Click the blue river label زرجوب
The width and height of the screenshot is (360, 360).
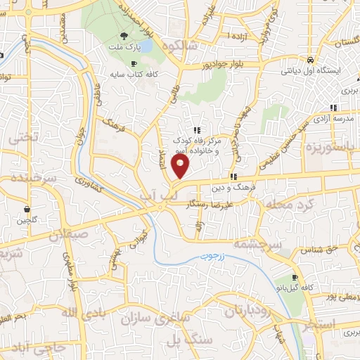pyautogui.click(x=210, y=255)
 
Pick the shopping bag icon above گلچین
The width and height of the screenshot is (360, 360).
pyautogui.click(x=27, y=209)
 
